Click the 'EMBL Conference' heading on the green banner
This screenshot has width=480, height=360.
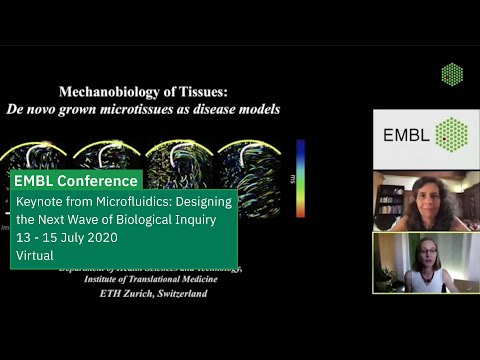77,181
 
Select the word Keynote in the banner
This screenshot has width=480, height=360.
37,202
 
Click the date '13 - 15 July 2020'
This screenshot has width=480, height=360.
67,238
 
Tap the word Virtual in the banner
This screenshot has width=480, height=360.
35,256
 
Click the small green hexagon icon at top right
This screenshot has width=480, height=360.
452,74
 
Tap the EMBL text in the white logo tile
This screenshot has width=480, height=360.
399,133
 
